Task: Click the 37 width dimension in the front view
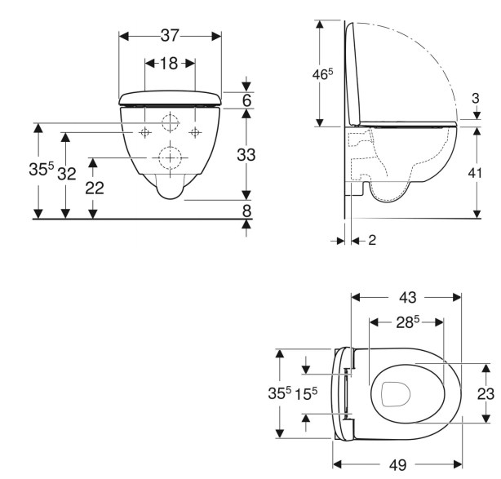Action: click(170, 36)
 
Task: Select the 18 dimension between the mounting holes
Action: click(169, 64)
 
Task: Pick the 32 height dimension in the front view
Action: click(68, 174)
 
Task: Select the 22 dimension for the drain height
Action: click(95, 187)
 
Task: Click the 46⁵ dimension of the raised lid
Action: click(324, 74)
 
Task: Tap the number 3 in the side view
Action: click(476, 100)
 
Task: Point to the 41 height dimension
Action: click(477, 173)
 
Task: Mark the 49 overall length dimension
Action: click(397, 464)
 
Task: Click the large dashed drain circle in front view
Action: click(170, 157)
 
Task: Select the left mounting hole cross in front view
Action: click(144, 131)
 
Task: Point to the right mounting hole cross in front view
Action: click(194, 131)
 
